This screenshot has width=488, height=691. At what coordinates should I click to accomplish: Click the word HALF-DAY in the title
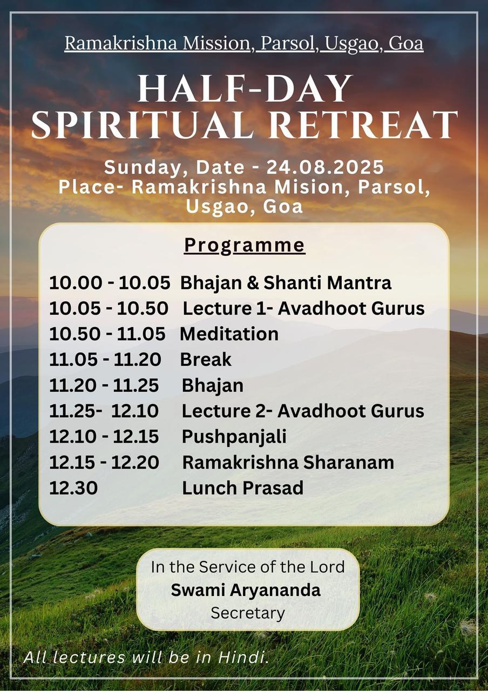coord(245,89)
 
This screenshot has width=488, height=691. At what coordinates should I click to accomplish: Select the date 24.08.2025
coord(325,167)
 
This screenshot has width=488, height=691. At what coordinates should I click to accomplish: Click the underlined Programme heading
coord(245,246)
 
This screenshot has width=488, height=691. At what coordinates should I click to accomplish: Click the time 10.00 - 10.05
coord(110,282)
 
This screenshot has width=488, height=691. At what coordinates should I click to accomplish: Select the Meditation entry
coord(229,334)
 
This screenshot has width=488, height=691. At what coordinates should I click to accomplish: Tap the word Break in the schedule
coord(206,360)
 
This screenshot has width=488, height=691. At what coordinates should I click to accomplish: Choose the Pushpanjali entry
coord(234,437)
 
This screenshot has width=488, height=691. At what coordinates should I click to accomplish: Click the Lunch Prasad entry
coord(243,488)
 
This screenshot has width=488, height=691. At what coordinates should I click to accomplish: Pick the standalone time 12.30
coord(73,488)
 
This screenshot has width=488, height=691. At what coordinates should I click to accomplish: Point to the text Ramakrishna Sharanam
coord(288,463)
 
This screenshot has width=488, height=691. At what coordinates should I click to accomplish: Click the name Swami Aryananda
coord(246,591)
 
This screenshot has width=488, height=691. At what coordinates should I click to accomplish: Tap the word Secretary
coord(248,613)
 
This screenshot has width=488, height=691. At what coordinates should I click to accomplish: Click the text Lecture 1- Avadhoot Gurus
coord(303,308)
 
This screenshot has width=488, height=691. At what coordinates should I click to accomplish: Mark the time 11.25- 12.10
coord(104,411)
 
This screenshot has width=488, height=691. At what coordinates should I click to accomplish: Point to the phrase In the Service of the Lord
coord(248,567)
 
